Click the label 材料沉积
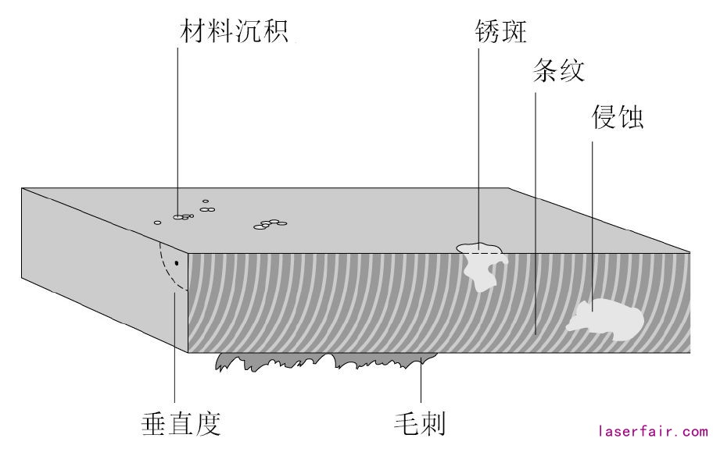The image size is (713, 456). [234, 32]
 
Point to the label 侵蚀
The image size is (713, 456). [618, 118]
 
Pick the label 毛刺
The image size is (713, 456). [419, 424]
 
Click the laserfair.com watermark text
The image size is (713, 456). [653, 431]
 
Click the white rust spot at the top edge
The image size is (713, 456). [482, 264]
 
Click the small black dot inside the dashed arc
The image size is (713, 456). [177, 262]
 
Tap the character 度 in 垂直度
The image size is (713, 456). [208, 424]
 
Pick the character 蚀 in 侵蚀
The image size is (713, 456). [630, 118]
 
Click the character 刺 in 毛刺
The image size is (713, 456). [432, 424]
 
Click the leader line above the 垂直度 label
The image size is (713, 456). [174, 351]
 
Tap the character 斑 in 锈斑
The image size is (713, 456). [516, 30]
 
